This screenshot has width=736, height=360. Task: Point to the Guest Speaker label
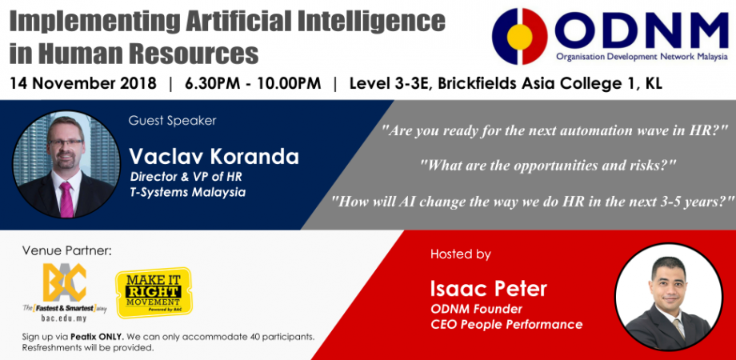point(172,121)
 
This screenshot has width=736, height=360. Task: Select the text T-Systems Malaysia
point(187,192)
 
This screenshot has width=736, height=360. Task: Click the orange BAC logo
point(65,282)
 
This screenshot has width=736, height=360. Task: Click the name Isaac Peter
point(486,289)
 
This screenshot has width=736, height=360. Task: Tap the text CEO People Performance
point(506,324)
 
